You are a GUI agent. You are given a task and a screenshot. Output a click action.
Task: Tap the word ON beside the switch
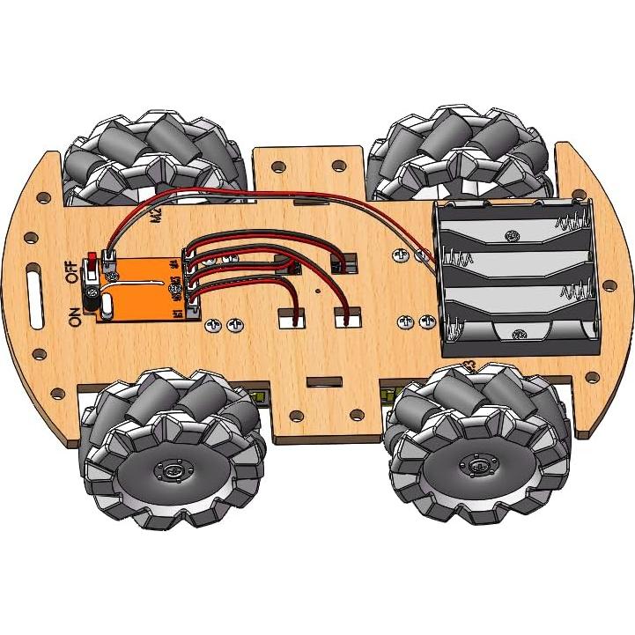point(74,313)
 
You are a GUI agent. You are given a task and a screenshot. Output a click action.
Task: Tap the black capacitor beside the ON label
point(91,296)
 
